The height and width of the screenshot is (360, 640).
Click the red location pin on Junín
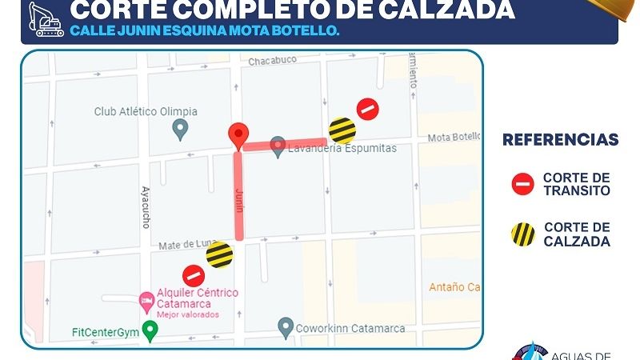tap(238, 136)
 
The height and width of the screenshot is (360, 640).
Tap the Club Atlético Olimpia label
tap(145, 111)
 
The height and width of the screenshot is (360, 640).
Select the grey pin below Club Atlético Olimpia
tap(180, 127)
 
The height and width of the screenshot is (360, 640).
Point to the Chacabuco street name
tap(272, 61)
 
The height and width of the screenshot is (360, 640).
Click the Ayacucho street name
tap(146, 206)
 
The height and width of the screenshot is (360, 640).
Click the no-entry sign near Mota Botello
tap(367, 109)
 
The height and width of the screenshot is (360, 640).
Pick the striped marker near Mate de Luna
tap(219, 255)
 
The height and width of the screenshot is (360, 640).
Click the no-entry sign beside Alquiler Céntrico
tap(194, 276)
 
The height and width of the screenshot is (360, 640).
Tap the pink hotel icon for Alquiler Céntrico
tap(146, 302)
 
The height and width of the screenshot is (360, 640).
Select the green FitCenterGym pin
tap(149, 329)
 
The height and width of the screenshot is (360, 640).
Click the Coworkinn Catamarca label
tap(350, 328)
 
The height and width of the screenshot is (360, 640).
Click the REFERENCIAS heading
tap(560, 140)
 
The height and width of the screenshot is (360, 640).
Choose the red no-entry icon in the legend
tap(522, 185)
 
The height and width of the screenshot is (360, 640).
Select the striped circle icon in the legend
tap(522, 234)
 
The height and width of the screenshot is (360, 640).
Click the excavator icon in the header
tap(45, 18)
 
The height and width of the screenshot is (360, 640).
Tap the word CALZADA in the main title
tap(449, 10)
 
